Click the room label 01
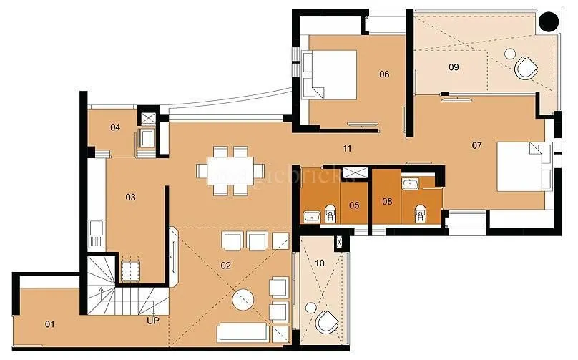50,324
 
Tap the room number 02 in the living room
226,266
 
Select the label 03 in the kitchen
131,196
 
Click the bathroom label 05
353,204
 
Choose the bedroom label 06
384,74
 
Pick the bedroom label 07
477,145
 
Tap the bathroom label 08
387,201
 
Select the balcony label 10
320,263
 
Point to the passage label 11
347,149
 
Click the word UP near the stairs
152,320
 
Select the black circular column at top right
549,21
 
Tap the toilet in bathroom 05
330,213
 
